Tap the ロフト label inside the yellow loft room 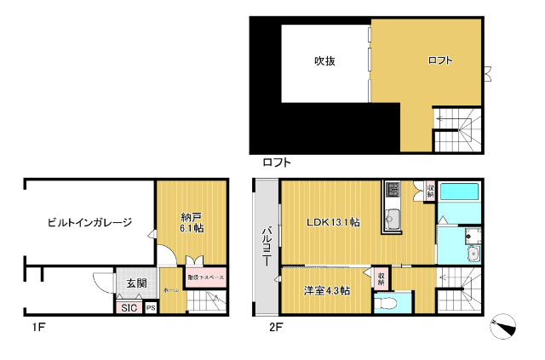click(x=439, y=60)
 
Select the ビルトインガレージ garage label click(x=89, y=223)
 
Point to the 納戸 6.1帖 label click(x=191, y=221)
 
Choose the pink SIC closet click(x=129, y=308)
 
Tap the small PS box click(x=151, y=308)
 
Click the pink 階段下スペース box click(x=205, y=277)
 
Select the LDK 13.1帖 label click(x=333, y=223)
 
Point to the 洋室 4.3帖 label click(x=327, y=291)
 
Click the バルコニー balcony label click(x=266, y=247)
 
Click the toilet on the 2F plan click(x=389, y=303)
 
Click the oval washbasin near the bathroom click(x=473, y=253)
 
